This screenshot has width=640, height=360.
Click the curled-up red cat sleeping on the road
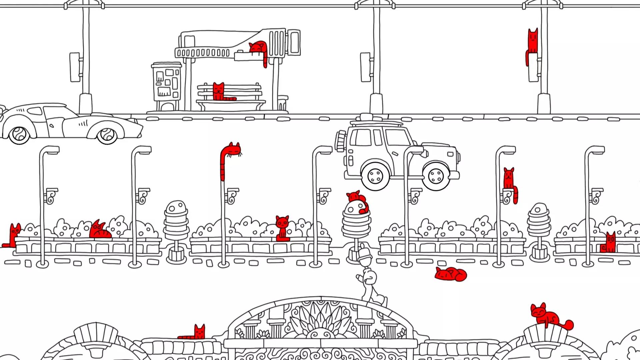point(450,274)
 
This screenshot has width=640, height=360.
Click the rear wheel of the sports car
point(19,135)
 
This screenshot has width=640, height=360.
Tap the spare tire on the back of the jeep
point(340,141)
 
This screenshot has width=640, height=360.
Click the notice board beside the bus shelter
point(167,83)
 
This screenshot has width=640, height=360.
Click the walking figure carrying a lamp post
point(370,280)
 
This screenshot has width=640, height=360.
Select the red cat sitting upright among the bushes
point(282,227)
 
